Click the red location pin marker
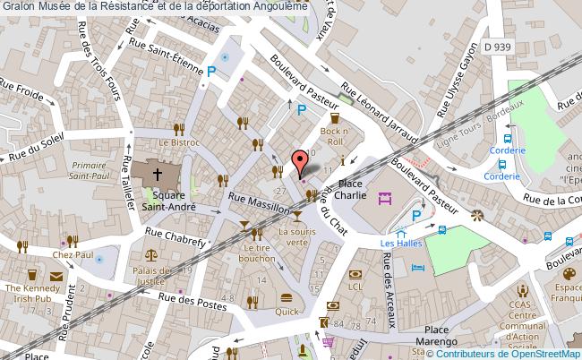pyautogui.click(x=300, y=162)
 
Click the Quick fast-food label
pyautogui.click(x=287, y=312)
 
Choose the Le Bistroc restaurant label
pyautogui.click(x=179, y=141)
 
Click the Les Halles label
pyautogui.click(x=400, y=243)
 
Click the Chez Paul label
pyautogui.click(x=73, y=255)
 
